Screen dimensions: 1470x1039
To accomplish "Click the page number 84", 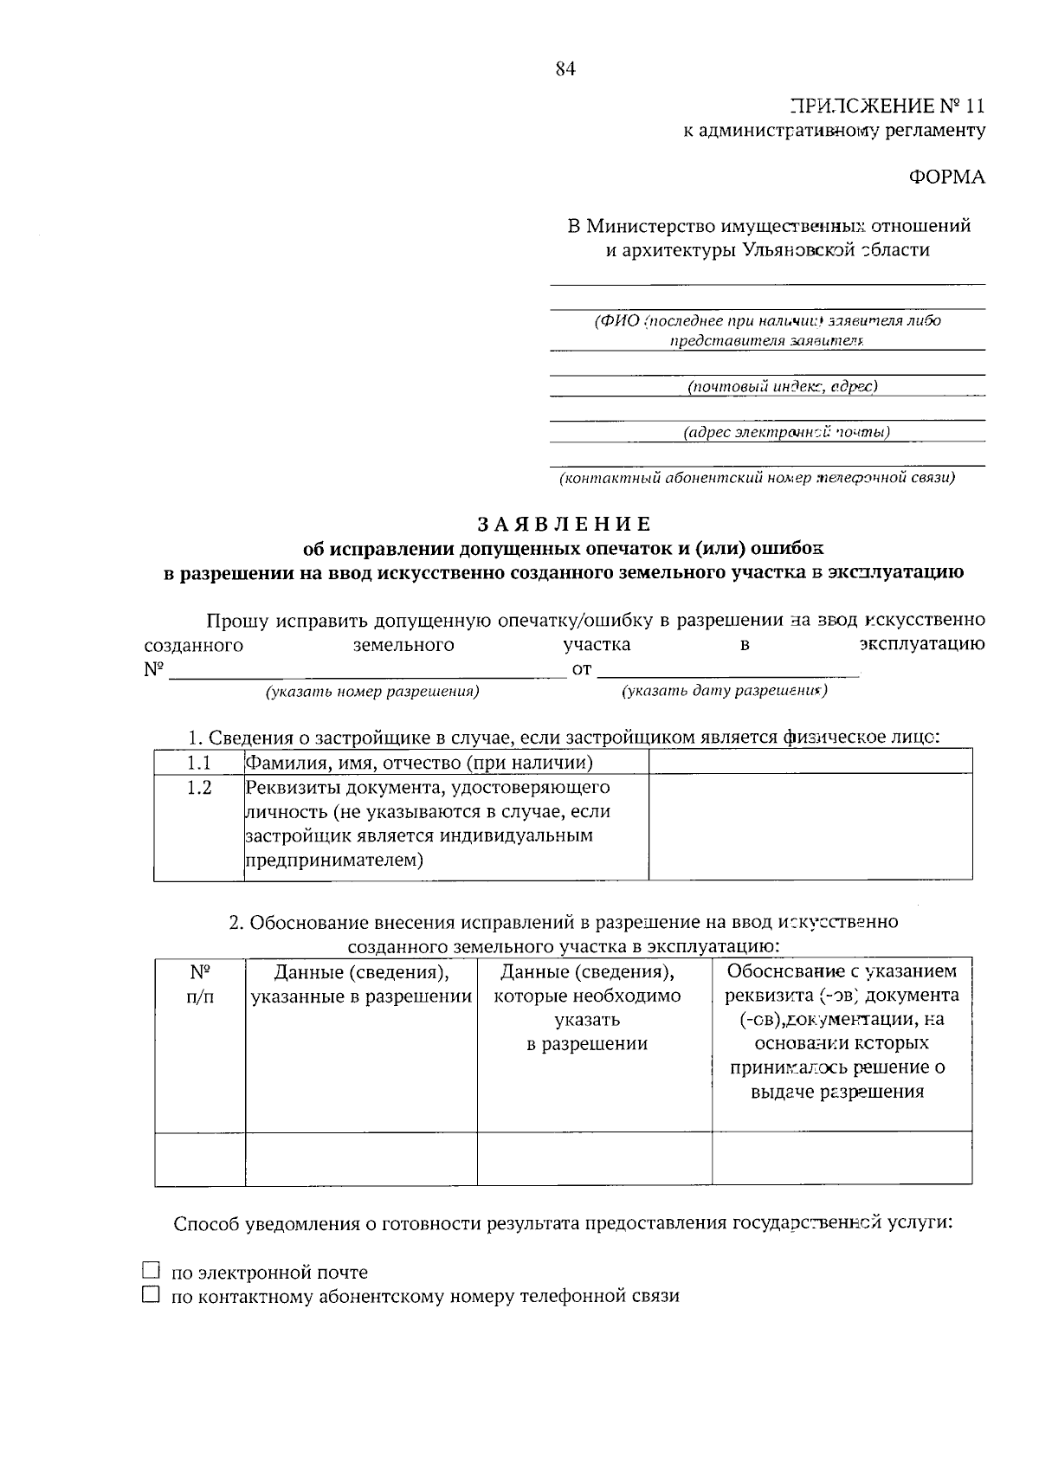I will click(x=565, y=70).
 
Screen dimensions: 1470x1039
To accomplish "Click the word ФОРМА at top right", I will click(x=945, y=177).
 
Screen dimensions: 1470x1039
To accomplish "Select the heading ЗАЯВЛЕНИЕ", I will click(x=564, y=525).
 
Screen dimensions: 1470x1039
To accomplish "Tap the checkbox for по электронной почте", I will click(x=152, y=1271).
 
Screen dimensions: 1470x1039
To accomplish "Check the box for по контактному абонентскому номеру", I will click(x=152, y=1295).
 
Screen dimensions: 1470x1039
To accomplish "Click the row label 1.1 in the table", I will click(x=199, y=763).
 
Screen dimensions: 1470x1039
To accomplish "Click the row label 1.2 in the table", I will click(x=199, y=788).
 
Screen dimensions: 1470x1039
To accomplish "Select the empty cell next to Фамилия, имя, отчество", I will click(x=810, y=762).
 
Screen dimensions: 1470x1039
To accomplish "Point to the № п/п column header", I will click(x=199, y=983).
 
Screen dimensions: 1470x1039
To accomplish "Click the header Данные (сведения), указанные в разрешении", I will click(x=361, y=983).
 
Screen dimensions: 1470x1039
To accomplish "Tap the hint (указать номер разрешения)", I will click(x=372, y=692).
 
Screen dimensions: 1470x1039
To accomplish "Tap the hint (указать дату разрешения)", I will click(x=724, y=691).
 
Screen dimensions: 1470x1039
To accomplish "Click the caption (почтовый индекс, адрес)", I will click(x=782, y=386).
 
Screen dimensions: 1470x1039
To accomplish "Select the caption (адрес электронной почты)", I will click(x=785, y=432).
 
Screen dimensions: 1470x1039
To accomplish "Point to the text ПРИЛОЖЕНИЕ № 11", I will click(x=887, y=106).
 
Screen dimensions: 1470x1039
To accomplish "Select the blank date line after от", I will click(x=728, y=669).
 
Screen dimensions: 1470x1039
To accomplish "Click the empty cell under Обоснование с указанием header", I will click(x=842, y=1158).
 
